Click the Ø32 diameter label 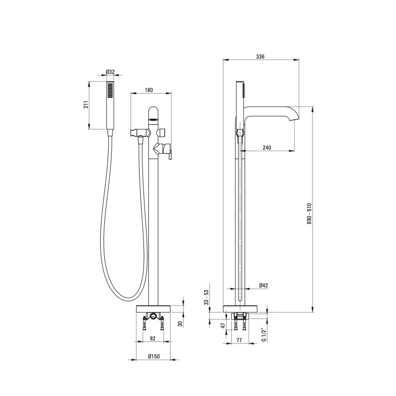(x=110, y=72)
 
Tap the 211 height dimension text (x=86, y=105)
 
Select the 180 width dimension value (x=149, y=90)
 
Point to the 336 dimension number (x=260, y=57)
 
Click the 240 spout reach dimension (x=266, y=148)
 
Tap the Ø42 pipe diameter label (x=263, y=285)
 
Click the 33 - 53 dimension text (x=207, y=297)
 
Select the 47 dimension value (x=223, y=326)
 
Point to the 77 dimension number (x=239, y=340)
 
